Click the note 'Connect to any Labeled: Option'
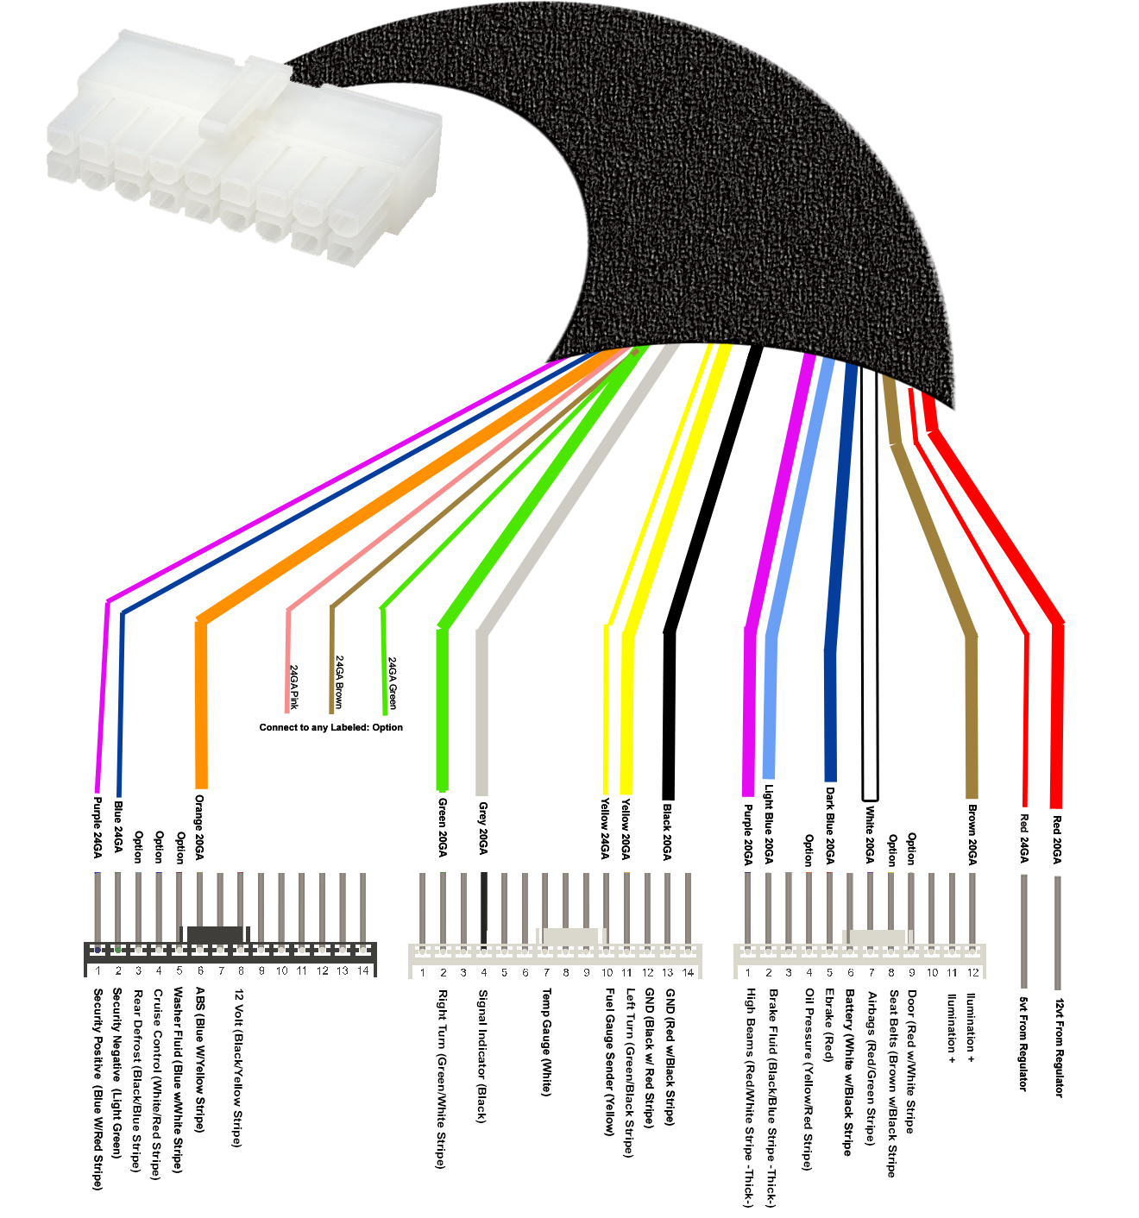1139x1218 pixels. click(x=330, y=727)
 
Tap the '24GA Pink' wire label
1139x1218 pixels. click(x=294, y=687)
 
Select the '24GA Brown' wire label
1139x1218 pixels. click(x=339, y=681)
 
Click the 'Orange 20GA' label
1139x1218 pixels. click(x=199, y=826)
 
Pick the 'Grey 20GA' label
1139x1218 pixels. click(x=482, y=828)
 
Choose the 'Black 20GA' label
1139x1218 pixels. click(x=667, y=832)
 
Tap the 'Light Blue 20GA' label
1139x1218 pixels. click(x=768, y=823)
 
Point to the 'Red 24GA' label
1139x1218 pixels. click(x=1024, y=838)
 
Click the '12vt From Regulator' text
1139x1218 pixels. click(x=1060, y=1048)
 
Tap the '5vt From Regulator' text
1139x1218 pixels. click(x=1023, y=1044)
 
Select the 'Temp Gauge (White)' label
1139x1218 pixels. click(x=546, y=1042)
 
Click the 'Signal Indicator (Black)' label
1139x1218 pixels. click(x=482, y=1056)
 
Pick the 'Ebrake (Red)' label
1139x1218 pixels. click(x=829, y=1024)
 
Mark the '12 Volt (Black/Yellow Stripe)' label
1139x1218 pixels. click(x=237, y=1067)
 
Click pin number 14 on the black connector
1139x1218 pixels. click(x=363, y=970)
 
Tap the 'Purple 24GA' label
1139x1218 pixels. click(x=98, y=826)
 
